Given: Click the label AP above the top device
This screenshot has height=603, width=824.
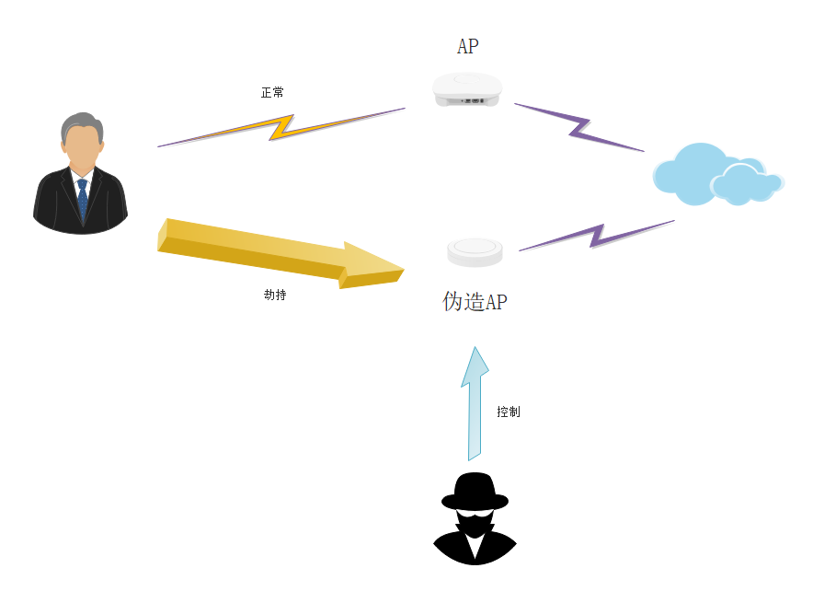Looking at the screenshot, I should point(467,46).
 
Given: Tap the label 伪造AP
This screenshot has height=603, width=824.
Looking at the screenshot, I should point(475,302).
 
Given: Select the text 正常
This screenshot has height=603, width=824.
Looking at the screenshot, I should point(272,93).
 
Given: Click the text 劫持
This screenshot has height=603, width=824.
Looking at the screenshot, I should point(275,296).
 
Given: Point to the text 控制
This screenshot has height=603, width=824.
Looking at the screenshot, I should point(509,412).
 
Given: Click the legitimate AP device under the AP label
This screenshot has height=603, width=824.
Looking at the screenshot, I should point(467,88).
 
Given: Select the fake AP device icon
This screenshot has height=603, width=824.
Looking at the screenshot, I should point(475,251).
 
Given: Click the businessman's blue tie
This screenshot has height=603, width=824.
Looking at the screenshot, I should point(83,200).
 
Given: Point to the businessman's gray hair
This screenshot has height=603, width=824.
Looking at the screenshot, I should point(81,124).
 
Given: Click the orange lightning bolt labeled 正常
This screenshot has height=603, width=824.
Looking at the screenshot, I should point(281,127).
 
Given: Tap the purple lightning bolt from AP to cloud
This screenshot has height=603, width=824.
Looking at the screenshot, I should point(579,127).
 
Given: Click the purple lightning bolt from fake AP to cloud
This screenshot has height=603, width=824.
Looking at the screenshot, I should point(598,235).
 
